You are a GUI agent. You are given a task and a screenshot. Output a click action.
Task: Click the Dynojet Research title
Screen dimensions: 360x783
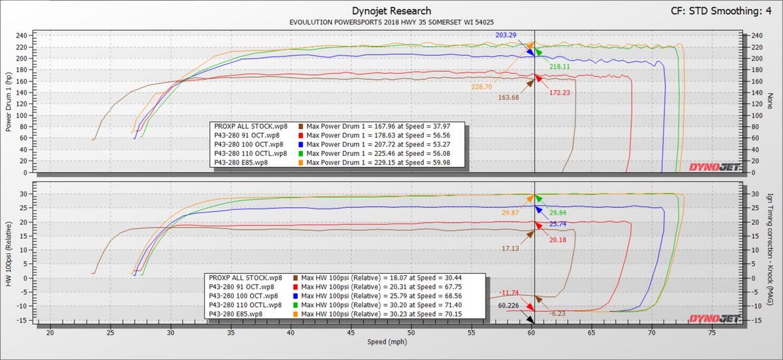coord(391,10)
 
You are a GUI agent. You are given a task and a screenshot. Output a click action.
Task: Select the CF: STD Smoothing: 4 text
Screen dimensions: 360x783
coord(724,10)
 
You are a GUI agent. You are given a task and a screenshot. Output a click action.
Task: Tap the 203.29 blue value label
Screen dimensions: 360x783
coord(509,35)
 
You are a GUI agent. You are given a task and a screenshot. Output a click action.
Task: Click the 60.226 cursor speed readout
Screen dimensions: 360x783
coord(509,305)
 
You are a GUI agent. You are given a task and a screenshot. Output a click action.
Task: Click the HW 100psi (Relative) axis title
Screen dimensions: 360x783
coord(8,252)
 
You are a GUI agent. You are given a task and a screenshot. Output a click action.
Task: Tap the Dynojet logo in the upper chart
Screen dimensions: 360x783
coord(714,167)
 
